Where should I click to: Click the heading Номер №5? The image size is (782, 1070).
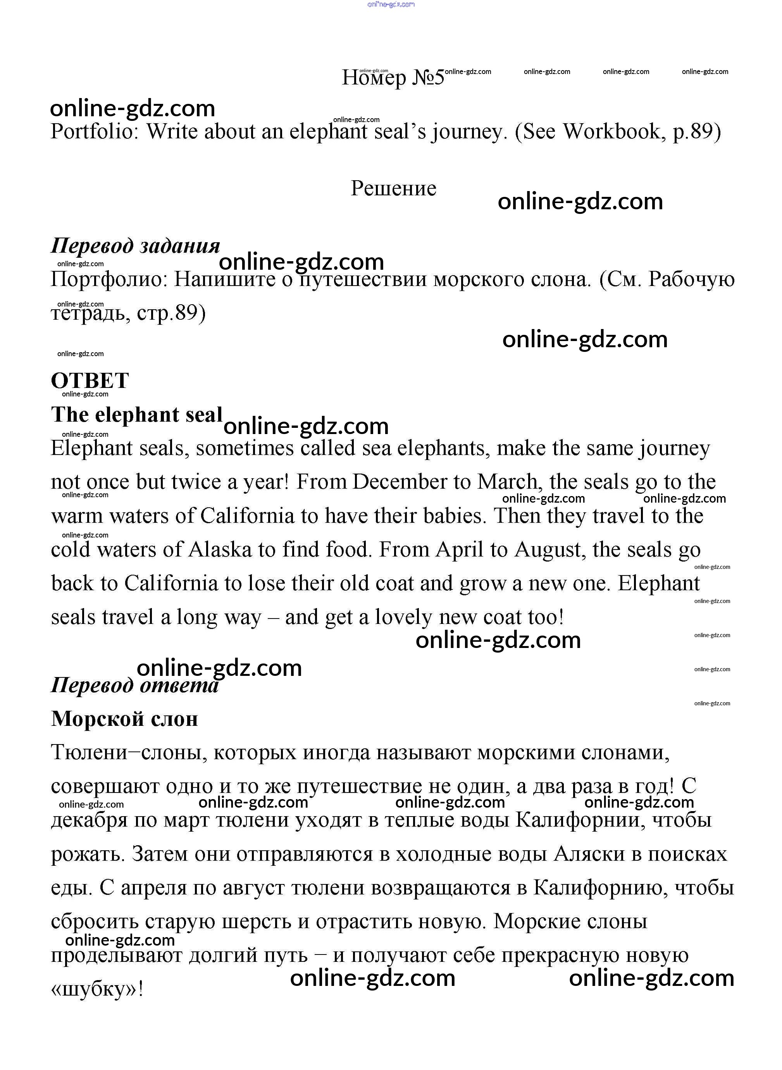393,77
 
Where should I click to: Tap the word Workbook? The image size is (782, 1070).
611,132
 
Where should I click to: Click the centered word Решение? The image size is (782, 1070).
393,188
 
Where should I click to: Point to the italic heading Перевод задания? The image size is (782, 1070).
135,246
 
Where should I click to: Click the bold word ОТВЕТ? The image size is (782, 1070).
90,381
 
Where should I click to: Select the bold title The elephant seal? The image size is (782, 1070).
136,415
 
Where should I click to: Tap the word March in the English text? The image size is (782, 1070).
508,482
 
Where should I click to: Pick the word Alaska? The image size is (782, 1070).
220,550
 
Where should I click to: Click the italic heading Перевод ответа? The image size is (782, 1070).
134,685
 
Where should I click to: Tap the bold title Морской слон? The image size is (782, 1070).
124,719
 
